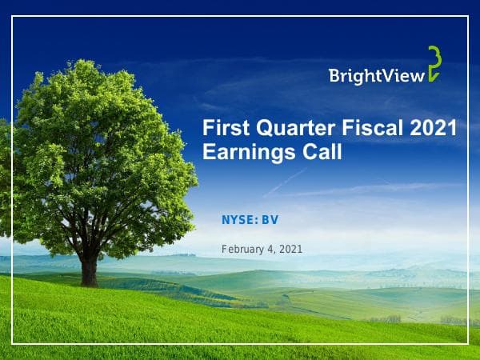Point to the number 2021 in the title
(432, 128)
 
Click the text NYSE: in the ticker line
(239, 219)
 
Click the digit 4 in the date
(272, 250)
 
